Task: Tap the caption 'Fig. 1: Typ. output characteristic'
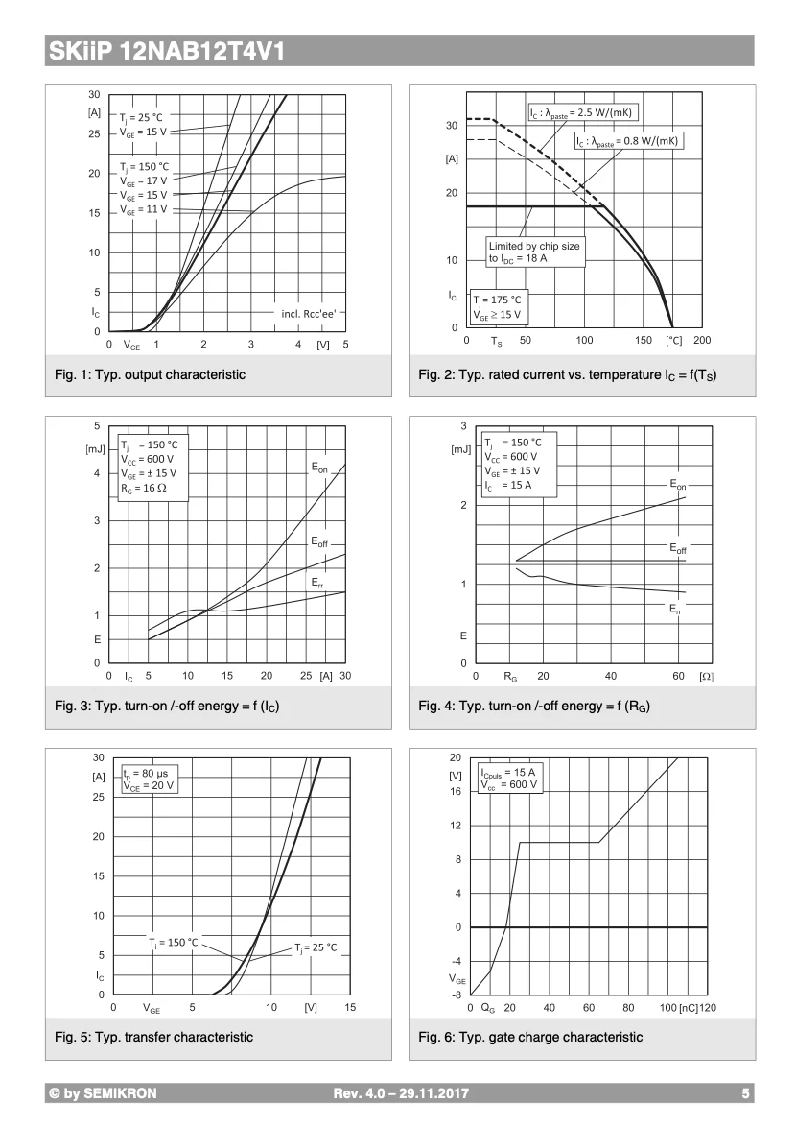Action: click(x=150, y=374)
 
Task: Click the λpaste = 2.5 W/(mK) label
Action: click(x=583, y=113)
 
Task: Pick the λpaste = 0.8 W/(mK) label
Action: click(x=629, y=141)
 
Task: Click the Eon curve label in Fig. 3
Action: click(x=319, y=468)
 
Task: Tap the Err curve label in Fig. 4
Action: click(x=675, y=608)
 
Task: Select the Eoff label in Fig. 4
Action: click(x=678, y=548)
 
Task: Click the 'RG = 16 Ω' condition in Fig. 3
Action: click(x=145, y=489)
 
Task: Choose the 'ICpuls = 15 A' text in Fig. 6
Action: click(x=507, y=772)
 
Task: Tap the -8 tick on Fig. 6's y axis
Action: click(x=456, y=995)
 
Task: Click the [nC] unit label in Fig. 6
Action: click(x=688, y=1008)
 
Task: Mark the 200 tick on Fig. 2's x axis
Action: click(x=702, y=341)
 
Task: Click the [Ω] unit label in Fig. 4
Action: click(x=706, y=677)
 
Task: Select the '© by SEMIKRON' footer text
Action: click(x=103, y=1093)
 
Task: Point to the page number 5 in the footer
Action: click(x=745, y=1093)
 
